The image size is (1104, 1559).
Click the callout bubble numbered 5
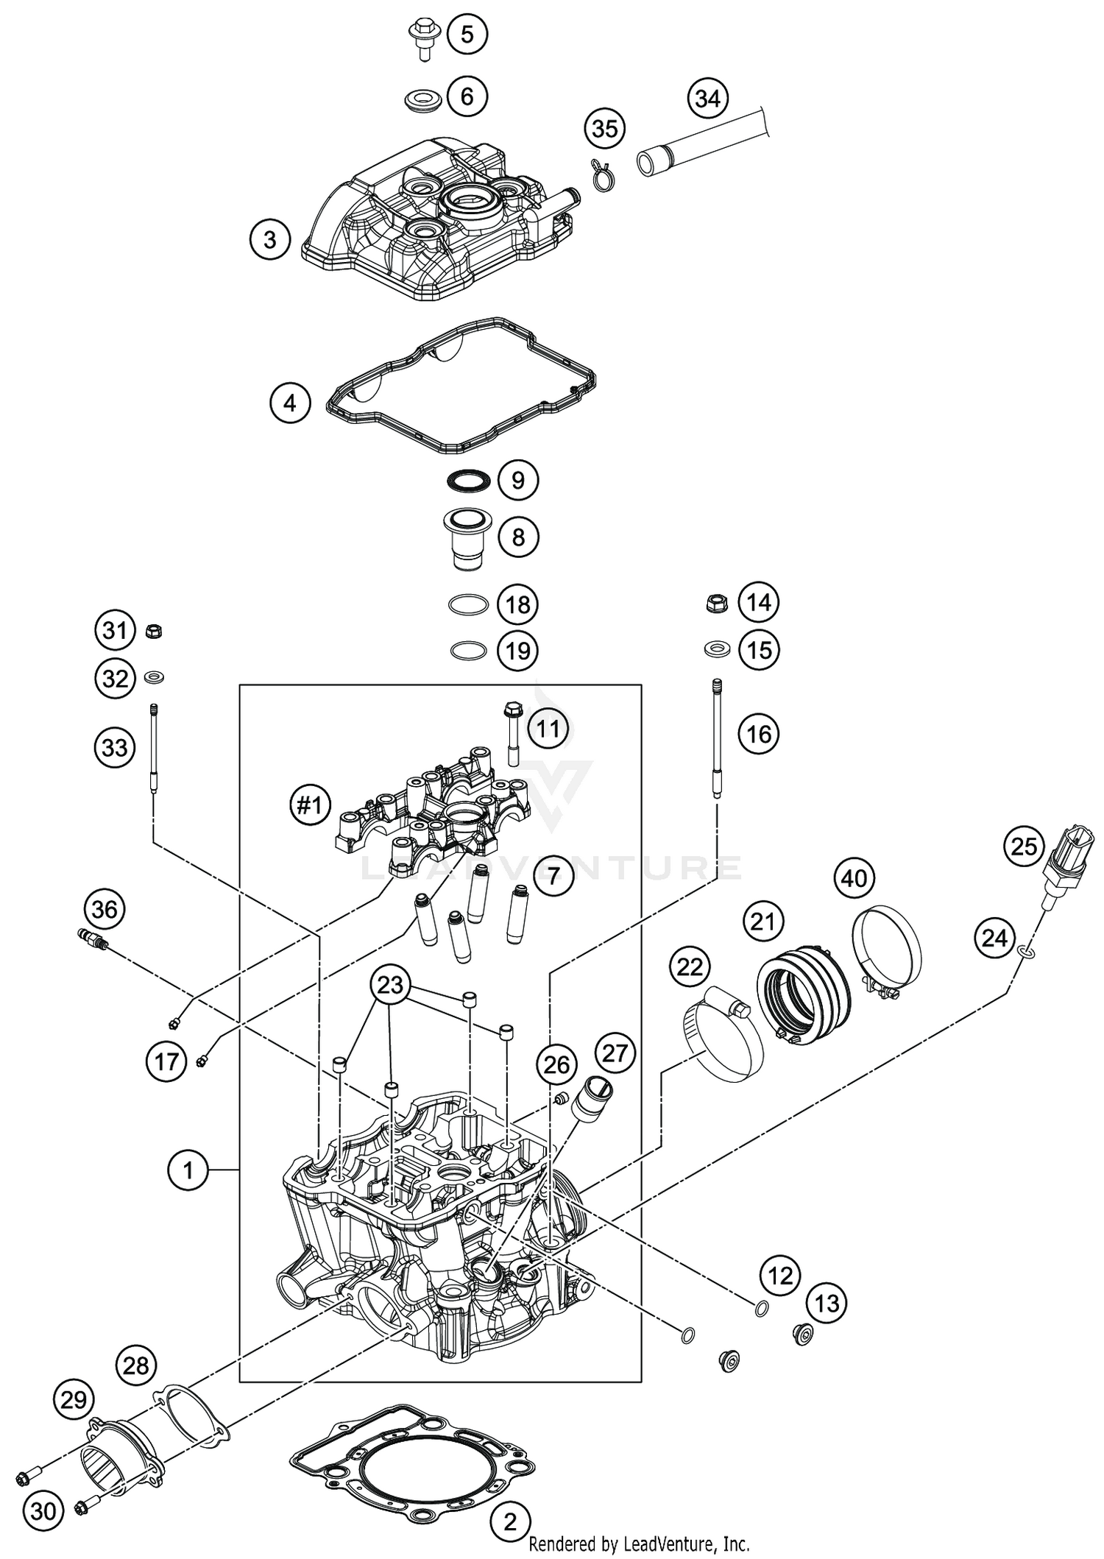467,35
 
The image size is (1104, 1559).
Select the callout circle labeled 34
708,98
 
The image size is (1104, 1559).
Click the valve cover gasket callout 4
290,403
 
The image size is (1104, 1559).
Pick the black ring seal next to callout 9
468,481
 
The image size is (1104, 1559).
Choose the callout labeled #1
309,805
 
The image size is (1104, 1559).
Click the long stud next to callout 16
716,737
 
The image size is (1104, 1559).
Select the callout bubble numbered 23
391,984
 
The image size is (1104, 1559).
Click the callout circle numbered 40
854,878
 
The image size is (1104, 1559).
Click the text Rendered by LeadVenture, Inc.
639,1544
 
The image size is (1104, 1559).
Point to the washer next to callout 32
155,676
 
